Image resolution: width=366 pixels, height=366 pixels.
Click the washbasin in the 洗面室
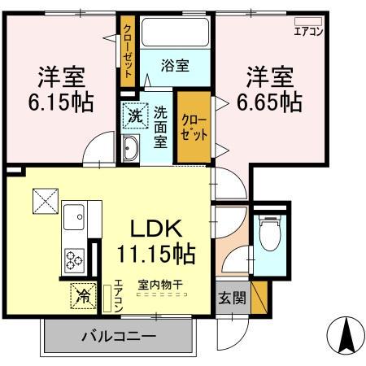pos(132,146)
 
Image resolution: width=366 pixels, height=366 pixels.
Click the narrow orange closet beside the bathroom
pos(129,49)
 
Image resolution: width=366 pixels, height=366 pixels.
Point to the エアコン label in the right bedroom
pos(307,32)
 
